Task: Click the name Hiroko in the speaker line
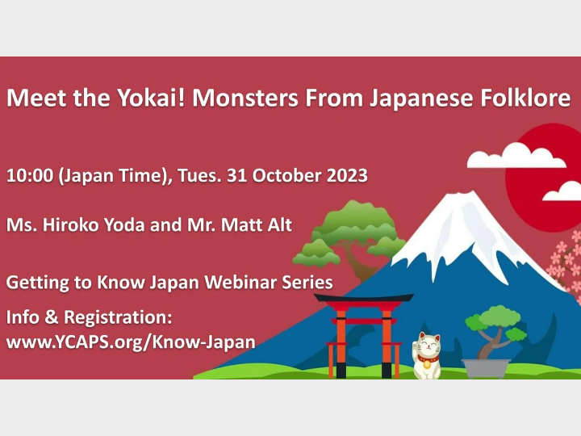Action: [x=71, y=225]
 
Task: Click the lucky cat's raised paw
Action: [x=417, y=346]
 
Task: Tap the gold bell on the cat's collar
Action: [x=426, y=363]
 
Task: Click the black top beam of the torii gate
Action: [x=363, y=298]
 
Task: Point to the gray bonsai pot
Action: [x=486, y=367]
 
